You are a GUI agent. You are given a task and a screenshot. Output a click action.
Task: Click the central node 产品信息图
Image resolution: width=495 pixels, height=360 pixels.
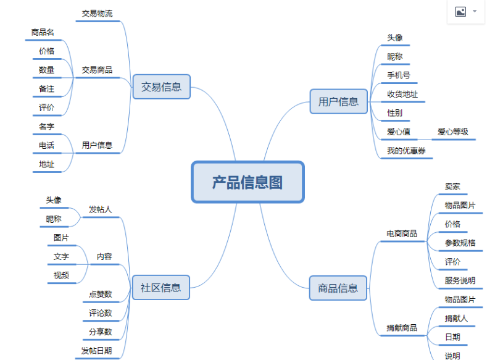(247, 182)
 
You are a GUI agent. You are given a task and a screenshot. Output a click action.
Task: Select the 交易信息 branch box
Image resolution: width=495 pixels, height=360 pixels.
(161, 87)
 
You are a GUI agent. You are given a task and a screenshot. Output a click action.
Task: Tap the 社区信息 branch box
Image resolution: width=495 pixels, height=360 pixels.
(160, 287)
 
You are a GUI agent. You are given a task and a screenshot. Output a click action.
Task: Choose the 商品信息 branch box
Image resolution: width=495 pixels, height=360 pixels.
(338, 288)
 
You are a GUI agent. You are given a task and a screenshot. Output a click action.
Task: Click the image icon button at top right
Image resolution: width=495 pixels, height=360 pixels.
(460, 12)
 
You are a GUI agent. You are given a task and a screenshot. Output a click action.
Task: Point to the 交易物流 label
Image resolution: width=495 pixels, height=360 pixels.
(97, 14)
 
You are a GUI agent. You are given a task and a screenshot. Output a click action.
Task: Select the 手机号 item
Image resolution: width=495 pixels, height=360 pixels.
(398, 75)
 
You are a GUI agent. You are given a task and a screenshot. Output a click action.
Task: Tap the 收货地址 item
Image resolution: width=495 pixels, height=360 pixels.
(402, 94)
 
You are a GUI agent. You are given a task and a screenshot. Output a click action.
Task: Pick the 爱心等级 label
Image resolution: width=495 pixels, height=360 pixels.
(453, 132)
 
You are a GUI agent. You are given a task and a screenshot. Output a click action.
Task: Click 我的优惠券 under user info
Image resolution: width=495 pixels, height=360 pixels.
(406, 151)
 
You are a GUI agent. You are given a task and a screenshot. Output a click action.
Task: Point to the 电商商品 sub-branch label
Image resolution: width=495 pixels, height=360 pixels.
(402, 233)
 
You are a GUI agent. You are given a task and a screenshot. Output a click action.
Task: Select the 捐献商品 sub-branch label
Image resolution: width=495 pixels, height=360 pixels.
(402, 327)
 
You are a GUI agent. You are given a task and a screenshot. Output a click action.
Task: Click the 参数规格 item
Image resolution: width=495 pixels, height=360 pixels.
(460, 243)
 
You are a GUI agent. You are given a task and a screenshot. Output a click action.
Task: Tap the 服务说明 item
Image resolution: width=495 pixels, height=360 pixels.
(460, 280)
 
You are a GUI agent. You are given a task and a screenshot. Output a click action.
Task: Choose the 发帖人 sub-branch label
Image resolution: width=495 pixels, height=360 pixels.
(100, 209)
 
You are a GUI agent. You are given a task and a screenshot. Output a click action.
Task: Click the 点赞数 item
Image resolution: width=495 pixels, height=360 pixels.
(100, 294)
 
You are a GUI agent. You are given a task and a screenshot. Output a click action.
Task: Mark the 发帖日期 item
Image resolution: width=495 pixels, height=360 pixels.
(97, 351)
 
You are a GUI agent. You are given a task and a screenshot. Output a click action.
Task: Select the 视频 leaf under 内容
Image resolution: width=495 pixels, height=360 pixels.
(61, 275)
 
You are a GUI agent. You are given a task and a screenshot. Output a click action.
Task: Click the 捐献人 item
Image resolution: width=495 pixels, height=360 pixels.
(456, 319)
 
